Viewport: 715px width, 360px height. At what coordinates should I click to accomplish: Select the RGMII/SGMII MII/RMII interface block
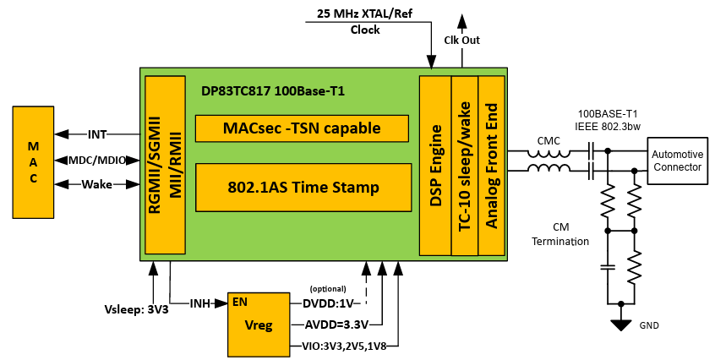coord(165,164)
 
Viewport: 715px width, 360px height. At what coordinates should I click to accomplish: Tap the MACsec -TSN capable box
coord(302,128)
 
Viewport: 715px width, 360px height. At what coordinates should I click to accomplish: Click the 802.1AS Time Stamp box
coord(302,187)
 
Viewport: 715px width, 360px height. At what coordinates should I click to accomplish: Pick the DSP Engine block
coord(435,166)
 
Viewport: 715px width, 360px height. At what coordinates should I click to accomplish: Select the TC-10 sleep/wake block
coord(464,166)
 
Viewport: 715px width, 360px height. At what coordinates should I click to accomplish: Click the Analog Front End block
coord(491,166)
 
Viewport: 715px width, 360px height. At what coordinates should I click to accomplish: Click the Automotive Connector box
coord(676,161)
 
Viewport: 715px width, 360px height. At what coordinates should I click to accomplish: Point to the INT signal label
coord(97,134)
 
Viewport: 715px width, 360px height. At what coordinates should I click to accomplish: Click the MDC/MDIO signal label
coord(97,160)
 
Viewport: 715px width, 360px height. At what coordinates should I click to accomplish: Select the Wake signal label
coord(97,184)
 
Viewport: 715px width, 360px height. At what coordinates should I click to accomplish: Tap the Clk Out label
coord(461,40)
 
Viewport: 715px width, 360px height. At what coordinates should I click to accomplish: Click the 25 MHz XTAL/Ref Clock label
coord(365,21)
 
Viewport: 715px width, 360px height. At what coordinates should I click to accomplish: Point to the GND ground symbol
coord(622,325)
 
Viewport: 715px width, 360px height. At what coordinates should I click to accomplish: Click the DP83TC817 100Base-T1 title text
coord(273,90)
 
